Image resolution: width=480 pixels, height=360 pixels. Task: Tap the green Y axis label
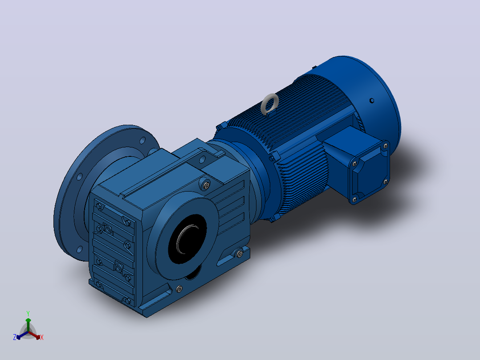coord(28,313)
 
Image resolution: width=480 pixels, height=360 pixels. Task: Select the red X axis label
coord(42,337)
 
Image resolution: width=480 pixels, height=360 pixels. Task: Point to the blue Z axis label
coord(15,337)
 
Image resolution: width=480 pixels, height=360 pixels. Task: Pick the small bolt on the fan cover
coord(372,101)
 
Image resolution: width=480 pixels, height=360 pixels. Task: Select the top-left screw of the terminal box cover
coord(355,164)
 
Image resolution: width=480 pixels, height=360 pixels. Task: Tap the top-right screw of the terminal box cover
coord(386,146)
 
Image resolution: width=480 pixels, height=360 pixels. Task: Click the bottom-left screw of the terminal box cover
coord(354,200)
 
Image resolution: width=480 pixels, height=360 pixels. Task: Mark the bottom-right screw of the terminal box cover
coord(386,182)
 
